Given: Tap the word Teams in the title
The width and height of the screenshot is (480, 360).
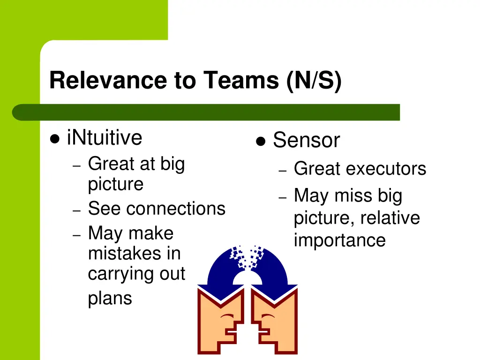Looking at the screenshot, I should point(241,80).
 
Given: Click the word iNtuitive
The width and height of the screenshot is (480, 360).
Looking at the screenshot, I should point(105,138).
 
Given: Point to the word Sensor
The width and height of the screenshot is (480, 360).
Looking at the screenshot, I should point(306,140).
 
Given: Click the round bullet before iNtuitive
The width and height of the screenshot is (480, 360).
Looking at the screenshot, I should point(55,139).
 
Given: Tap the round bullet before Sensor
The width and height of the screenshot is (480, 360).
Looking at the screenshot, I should point(261,141).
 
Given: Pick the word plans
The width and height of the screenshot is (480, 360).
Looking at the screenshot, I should point(110,299).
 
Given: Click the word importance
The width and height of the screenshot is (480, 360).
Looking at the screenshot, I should point(339,240).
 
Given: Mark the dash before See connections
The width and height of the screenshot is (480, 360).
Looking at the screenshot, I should point(77,210).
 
